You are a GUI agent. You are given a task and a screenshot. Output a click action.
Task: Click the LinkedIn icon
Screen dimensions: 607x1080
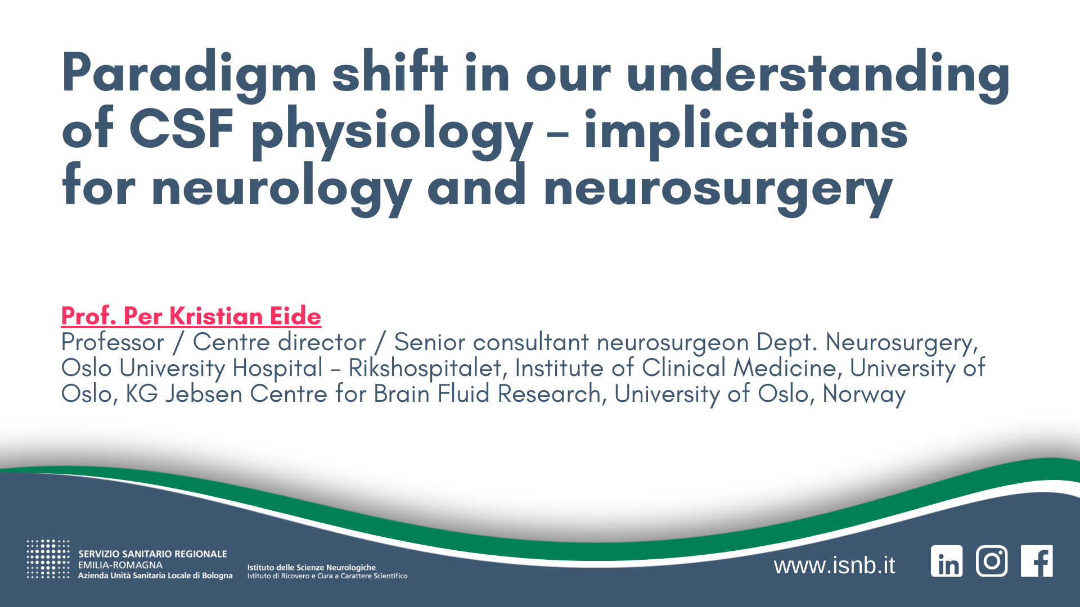[947, 561]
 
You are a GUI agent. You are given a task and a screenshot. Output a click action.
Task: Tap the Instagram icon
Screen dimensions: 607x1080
[992, 561]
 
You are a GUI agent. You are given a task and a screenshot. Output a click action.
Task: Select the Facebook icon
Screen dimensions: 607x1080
[1037, 561]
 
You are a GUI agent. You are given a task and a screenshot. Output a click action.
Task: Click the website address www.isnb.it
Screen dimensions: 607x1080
[834, 565]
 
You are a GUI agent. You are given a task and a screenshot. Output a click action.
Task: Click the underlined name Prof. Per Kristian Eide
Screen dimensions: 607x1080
[191, 316]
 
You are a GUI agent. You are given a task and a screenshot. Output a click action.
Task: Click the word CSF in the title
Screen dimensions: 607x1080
[181, 129]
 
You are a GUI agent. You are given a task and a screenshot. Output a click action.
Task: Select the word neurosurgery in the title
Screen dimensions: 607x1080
[718, 188]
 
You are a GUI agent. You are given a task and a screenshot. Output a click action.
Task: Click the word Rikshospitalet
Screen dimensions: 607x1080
[425, 368]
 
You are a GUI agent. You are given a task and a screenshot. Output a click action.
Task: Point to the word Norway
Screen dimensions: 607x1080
[864, 394]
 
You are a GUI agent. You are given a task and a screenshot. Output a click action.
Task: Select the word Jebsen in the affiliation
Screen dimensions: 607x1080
[204, 394]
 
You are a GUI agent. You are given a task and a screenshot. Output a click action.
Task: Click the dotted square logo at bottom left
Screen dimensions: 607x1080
[48, 559]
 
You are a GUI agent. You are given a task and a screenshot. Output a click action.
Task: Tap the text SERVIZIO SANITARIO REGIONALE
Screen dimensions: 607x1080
[152, 554]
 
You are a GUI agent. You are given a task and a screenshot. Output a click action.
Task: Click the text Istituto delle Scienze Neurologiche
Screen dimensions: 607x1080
[311, 568]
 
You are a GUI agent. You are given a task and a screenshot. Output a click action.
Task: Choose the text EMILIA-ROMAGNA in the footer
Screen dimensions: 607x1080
[120, 565]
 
